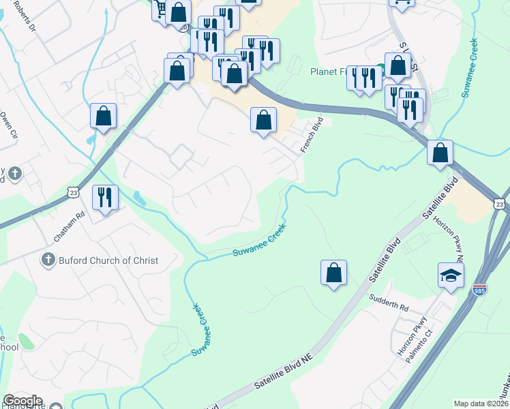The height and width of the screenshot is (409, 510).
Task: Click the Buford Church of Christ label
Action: pos(108,260)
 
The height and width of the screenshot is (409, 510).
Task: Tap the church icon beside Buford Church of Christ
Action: pos(48,260)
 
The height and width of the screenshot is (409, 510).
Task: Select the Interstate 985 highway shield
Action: pos(479,290)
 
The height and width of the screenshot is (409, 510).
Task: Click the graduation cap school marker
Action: pos(451,275)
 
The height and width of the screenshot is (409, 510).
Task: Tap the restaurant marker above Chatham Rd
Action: pos(105,197)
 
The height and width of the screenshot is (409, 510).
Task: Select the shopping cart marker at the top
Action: pos(162,10)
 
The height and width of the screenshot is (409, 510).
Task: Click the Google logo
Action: pos(22,401)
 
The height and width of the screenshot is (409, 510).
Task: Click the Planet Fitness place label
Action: pos(328,71)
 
